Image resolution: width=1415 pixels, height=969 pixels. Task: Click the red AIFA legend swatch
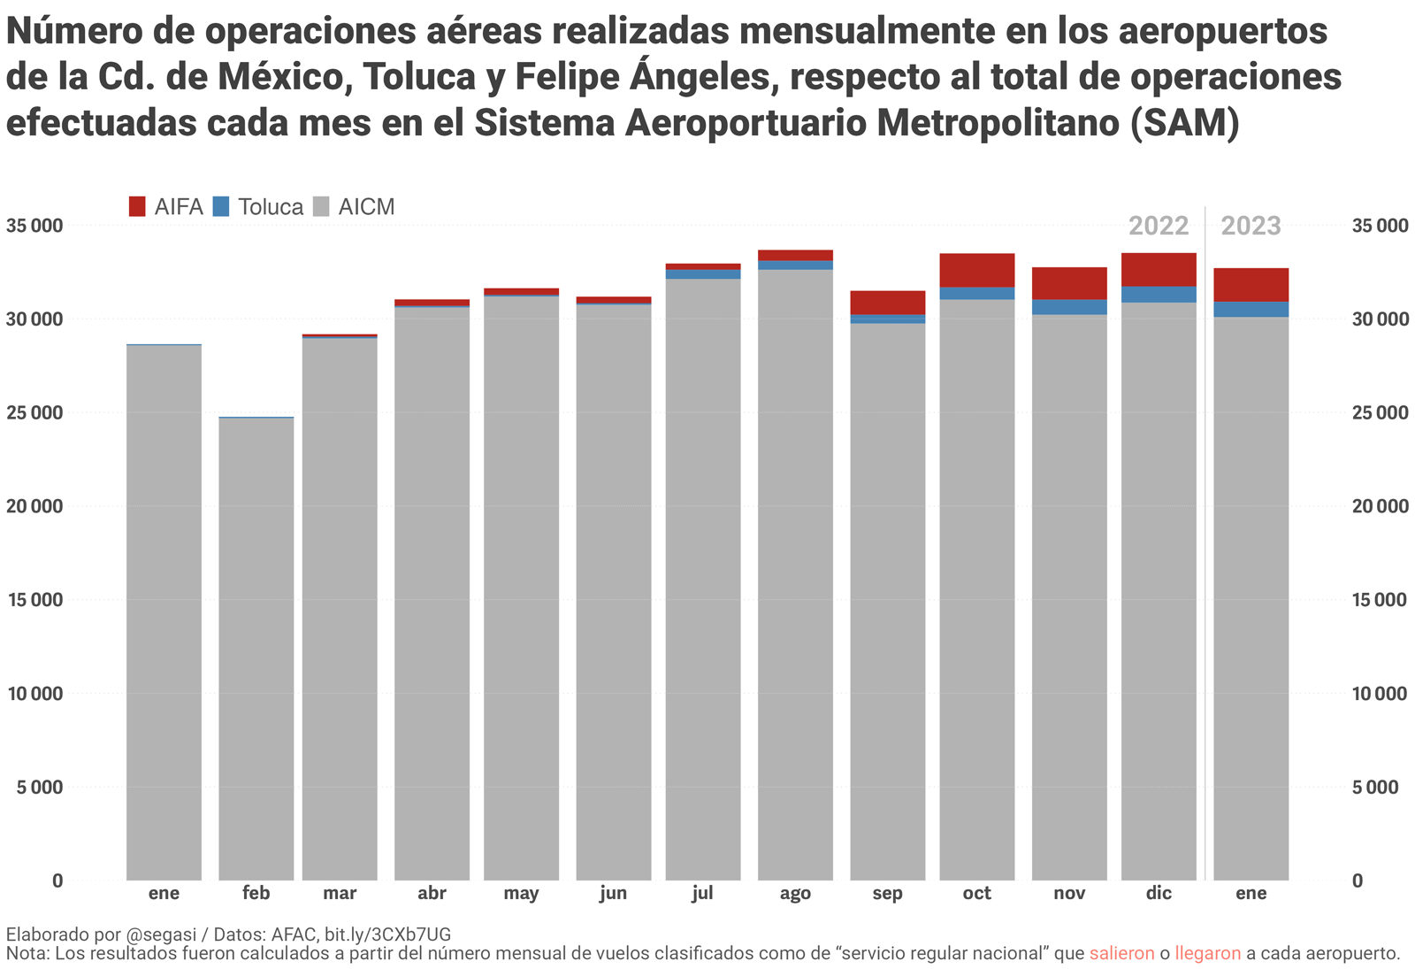(137, 207)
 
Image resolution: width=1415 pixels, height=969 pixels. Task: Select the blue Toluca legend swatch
(221, 207)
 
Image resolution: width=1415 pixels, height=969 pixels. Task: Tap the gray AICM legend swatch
(322, 207)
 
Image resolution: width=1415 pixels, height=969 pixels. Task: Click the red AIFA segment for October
(976, 270)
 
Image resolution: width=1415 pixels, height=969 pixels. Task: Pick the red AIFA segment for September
(887, 303)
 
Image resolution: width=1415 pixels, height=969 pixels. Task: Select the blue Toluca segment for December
(1159, 295)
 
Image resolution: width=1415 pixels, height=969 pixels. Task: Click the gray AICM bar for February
(256, 646)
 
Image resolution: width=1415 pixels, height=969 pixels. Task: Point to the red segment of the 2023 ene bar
(1251, 285)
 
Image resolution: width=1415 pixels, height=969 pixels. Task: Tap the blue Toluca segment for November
(1069, 307)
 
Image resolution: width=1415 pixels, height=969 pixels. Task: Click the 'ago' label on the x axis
(795, 894)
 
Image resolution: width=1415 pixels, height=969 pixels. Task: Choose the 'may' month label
(521, 894)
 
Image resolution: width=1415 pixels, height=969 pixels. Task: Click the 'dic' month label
(1159, 894)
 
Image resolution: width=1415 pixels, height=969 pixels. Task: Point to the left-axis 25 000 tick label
(35, 413)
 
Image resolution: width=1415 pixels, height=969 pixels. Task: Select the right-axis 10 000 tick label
(1380, 694)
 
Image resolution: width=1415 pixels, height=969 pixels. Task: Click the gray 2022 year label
(1159, 227)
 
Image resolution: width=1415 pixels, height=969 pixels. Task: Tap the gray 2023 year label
(1251, 227)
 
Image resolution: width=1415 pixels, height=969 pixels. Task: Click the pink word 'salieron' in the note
(1121, 954)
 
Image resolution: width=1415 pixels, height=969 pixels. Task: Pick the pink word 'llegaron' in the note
(1207, 954)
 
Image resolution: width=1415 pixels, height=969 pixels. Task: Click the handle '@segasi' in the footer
(164, 934)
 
